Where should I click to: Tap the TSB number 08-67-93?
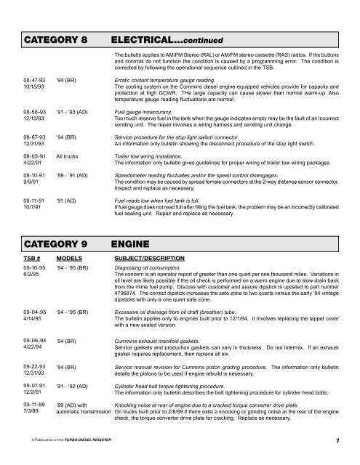34,136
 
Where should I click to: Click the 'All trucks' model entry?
72,155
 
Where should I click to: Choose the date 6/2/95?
31,275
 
